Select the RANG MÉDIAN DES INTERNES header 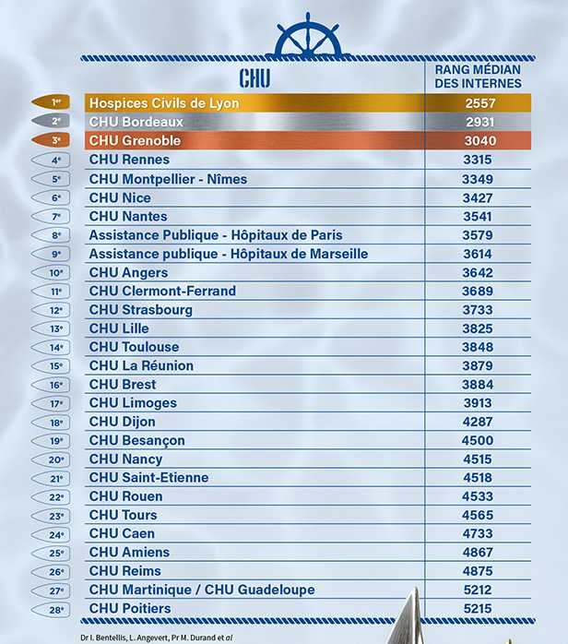click(x=478, y=77)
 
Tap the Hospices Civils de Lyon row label click(x=163, y=103)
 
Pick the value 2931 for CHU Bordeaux click(x=478, y=123)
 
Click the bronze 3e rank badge click(x=56, y=141)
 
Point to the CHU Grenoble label click(x=135, y=141)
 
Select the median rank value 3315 click(x=478, y=161)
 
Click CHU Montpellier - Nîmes click(x=168, y=179)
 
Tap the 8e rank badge click(x=56, y=235)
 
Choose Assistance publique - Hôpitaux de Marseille click(x=228, y=254)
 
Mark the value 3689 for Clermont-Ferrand click(x=478, y=291)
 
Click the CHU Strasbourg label click(x=140, y=310)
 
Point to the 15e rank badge click(x=56, y=366)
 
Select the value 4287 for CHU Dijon click(x=478, y=422)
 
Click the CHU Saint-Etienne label click(x=148, y=478)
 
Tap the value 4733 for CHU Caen click(x=478, y=533)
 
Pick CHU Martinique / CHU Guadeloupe click(x=202, y=590)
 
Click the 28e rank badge click(x=56, y=609)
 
